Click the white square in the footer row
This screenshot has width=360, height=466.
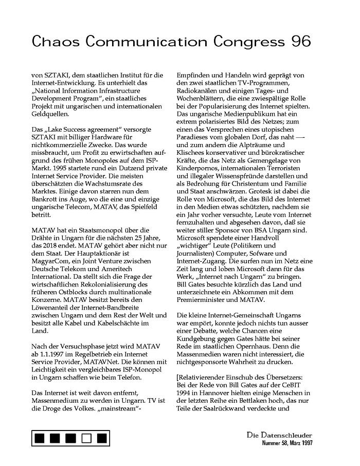point(86,438)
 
